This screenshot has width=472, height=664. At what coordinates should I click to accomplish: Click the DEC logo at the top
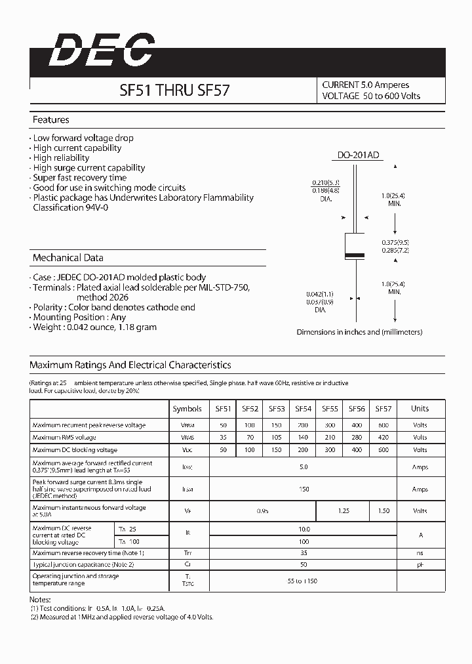102,51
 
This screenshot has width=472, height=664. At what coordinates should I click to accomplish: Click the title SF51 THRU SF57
174,91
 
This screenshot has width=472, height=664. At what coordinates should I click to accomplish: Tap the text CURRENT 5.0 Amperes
365,85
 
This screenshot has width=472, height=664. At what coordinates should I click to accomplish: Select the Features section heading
51,120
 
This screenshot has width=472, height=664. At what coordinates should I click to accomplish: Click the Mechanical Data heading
68,258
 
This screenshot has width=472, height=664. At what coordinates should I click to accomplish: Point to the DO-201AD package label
359,156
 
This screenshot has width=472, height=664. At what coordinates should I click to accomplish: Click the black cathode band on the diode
355,255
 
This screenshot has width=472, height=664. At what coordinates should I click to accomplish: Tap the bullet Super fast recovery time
79,178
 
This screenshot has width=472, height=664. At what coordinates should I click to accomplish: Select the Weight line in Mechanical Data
94,327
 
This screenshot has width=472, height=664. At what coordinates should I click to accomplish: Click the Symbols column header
187,409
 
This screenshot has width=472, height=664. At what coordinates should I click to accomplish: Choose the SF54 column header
303,409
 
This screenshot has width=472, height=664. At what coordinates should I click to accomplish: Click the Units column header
420,409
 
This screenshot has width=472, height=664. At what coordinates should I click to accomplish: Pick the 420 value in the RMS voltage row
383,438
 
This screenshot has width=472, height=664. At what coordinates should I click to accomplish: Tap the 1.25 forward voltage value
343,510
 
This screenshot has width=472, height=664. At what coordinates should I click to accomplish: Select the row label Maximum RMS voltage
64,438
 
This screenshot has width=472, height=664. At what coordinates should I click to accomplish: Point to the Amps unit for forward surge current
420,489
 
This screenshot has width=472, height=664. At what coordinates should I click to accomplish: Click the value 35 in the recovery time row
303,553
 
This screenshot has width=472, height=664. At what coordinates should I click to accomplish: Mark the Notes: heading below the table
39,600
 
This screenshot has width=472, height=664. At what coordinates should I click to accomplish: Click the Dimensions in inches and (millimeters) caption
359,333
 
